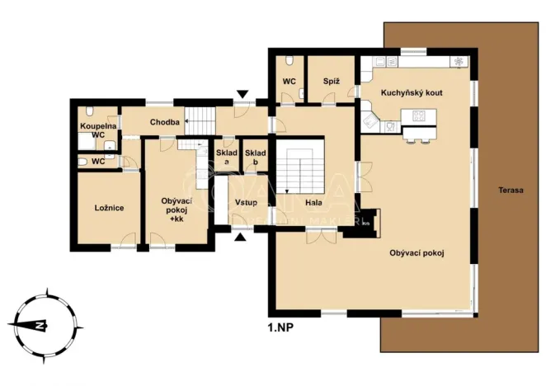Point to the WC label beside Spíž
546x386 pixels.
pos(289,82)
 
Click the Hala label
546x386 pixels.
pos(313,202)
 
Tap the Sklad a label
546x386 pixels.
pos(227,158)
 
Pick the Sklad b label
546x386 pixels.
pos(255,158)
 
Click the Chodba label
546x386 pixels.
pos(165,123)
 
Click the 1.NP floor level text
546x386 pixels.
pos(281,327)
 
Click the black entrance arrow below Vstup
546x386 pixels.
pos(240,238)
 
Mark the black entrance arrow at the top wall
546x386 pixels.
pos(241,94)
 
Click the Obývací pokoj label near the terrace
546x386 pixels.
pos(417,252)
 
